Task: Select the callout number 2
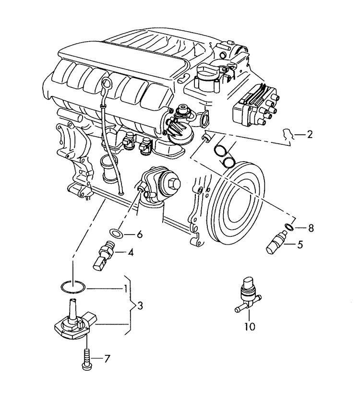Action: click(x=309, y=135)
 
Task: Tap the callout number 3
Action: click(x=139, y=305)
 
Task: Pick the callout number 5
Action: click(x=300, y=245)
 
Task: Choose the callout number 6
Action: click(x=139, y=234)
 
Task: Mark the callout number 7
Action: click(x=107, y=358)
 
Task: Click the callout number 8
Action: click(x=311, y=228)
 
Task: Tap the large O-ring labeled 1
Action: click(x=73, y=287)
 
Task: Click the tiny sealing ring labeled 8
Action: click(x=288, y=227)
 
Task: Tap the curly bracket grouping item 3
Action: click(x=128, y=305)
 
